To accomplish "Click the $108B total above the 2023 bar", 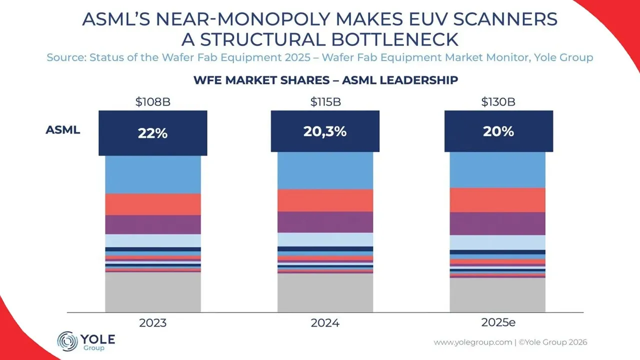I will [153, 102].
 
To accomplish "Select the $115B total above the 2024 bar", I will [325, 102].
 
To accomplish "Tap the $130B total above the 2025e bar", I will [498, 102].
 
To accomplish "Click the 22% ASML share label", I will [153, 133].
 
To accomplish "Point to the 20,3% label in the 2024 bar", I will [325, 131].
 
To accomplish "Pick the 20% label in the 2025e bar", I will [498, 131].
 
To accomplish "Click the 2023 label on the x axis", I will [153, 323].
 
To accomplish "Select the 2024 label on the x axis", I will [325, 323].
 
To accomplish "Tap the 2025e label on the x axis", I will [498, 322].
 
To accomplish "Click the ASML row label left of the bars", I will [63, 130].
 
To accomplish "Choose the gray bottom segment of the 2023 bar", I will [153, 292].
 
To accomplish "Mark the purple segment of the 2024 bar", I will [325, 222].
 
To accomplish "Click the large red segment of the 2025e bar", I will [498, 200].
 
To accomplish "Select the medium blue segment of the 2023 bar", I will [153, 174].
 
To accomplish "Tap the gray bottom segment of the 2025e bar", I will [498, 295].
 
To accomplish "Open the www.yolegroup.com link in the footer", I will [472, 342].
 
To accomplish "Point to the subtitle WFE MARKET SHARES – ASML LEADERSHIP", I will [325, 80].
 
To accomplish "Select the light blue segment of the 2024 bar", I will [325, 239].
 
